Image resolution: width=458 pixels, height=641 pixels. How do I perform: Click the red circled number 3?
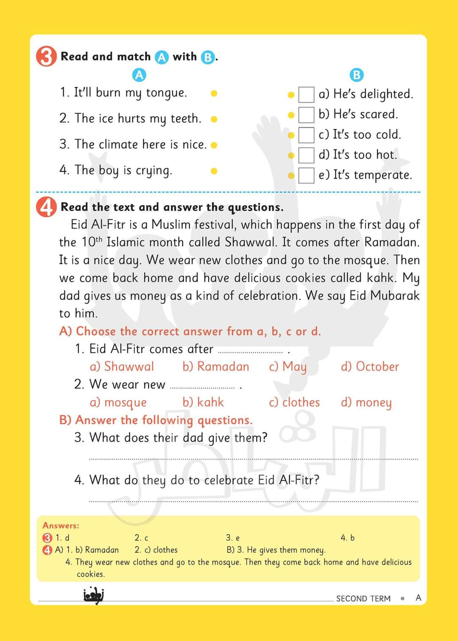(x=46, y=57)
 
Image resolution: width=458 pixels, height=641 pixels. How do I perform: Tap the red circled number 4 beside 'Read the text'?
(x=46, y=207)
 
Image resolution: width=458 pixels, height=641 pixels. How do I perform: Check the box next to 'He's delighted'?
(x=306, y=95)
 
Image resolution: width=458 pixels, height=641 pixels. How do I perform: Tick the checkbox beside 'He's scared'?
(x=306, y=114)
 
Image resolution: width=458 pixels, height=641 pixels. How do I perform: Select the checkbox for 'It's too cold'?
(x=306, y=135)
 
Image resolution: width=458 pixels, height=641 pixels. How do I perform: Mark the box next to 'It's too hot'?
(x=306, y=155)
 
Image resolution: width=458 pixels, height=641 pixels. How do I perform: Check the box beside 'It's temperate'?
(x=306, y=175)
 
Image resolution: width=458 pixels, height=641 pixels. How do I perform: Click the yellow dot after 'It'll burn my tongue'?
(x=214, y=93)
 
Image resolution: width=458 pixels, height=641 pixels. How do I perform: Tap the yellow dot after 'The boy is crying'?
(x=214, y=171)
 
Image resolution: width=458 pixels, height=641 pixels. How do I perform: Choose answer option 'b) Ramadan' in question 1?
(x=215, y=367)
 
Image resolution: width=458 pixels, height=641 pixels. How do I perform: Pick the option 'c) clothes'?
(x=294, y=402)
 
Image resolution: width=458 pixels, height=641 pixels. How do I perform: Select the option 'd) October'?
(x=370, y=367)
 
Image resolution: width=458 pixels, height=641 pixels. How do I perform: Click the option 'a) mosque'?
(x=118, y=402)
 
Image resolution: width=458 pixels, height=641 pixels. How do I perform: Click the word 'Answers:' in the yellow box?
(x=61, y=526)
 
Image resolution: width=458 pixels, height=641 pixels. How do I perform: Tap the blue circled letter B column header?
(x=357, y=75)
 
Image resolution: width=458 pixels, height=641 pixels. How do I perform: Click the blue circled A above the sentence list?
(x=139, y=75)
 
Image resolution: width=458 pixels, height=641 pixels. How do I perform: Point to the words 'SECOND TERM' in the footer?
(x=363, y=599)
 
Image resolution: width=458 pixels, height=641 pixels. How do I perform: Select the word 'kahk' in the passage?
(x=382, y=278)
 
